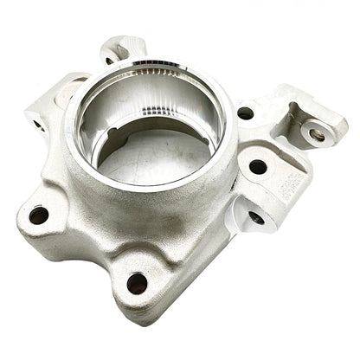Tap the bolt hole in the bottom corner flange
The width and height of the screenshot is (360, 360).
[x=137, y=282]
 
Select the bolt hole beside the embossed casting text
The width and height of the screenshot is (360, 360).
[x=258, y=166]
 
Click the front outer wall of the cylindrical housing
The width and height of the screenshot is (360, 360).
[x=138, y=208]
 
